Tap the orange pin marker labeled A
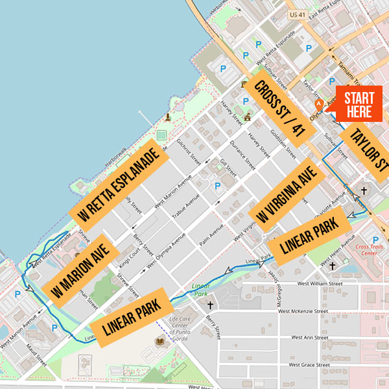(318, 104)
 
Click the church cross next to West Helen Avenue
(333, 266)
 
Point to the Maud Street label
(36, 354)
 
